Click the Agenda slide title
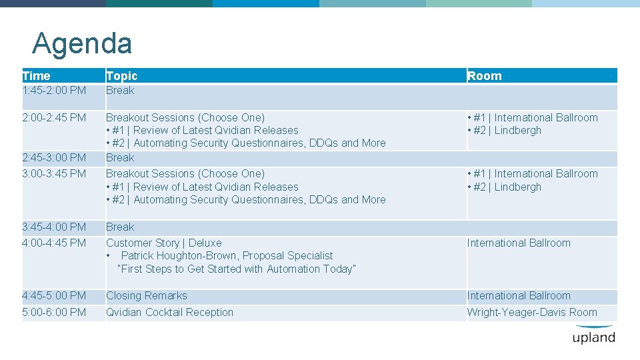(82, 44)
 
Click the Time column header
(36, 76)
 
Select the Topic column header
(122, 76)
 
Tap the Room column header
(485, 76)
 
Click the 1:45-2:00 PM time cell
(54, 91)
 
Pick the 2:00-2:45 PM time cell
(54, 118)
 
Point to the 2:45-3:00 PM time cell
(54, 158)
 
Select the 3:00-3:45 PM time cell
(54, 174)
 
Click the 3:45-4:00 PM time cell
(54, 227)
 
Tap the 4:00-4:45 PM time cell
(54, 243)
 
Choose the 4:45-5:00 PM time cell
(54, 296)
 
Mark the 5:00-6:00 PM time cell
(54, 313)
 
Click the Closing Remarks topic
(147, 296)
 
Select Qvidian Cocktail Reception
(170, 313)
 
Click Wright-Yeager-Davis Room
(532, 313)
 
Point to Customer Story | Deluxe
(164, 243)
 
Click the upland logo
(593, 335)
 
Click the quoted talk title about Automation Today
(237, 269)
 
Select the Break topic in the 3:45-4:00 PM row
(120, 227)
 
